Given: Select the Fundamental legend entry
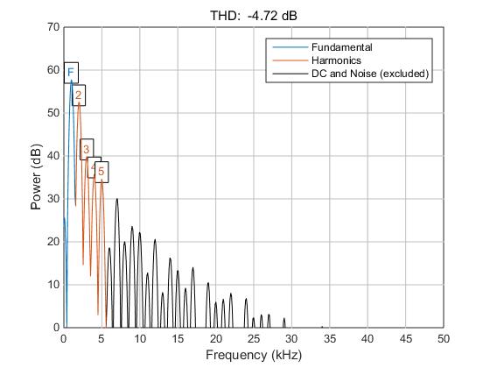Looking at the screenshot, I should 341,46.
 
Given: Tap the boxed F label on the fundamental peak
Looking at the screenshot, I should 70,72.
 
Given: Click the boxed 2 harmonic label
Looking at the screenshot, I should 78,95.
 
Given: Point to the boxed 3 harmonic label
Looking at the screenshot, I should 87,150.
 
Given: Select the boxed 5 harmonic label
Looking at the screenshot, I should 101,172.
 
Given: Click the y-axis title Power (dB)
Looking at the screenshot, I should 36,178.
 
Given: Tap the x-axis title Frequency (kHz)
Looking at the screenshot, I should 253,355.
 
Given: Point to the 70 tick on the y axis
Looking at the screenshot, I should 53,28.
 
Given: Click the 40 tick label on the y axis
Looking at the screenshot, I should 53,156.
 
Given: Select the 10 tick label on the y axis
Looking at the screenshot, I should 53,285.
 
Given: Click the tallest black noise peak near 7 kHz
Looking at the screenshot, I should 116,200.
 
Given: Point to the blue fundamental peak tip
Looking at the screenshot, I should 71,81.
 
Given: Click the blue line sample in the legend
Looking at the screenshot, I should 288,46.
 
